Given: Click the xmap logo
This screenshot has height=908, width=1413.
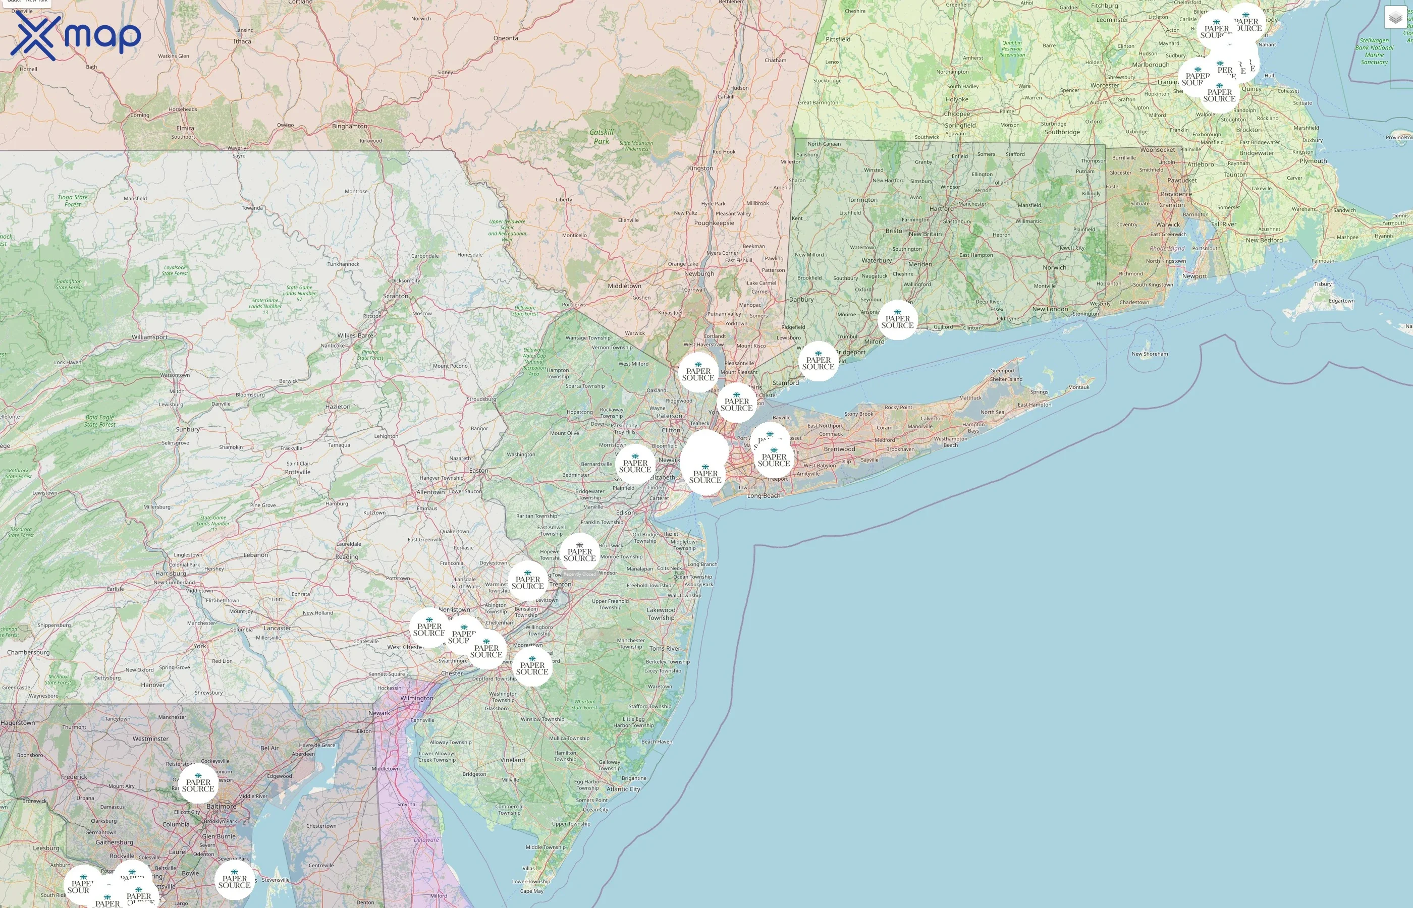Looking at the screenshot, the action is click(x=76, y=36).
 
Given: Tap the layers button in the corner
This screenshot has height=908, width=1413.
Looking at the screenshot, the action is click(x=1395, y=18).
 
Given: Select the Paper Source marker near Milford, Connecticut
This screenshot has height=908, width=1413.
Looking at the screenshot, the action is click(x=898, y=321).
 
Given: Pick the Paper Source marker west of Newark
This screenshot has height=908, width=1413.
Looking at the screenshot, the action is click(x=635, y=465).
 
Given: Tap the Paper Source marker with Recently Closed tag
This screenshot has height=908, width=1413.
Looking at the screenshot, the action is click(x=580, y=553).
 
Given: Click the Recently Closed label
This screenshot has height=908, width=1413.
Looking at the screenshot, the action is click(x=580, y=574).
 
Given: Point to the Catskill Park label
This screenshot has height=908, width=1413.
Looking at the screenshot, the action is click(x=602, y=137).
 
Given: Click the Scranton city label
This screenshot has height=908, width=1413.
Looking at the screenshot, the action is click(x=395, y=296).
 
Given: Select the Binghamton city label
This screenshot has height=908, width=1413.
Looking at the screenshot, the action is click(x=349, y=126).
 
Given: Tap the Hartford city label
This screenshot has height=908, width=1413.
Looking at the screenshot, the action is click(x=941, y=209).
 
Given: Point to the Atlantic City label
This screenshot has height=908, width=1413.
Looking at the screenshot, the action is click(x=623, y=789).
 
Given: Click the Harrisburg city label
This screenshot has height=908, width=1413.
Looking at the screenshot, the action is click(x=171, y=573).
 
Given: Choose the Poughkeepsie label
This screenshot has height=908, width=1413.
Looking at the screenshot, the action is click(x=714, y=223).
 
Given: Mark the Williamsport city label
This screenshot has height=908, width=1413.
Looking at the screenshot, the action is click(x=149, y=337).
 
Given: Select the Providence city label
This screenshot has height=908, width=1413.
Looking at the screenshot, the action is click(x=1176, y=194).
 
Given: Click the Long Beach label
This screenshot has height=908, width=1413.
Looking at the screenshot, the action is click(x=763, y=496).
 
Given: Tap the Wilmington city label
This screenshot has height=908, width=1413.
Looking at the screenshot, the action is click(x=416, y=698).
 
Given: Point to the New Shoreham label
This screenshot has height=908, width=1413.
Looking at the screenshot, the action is click(x=1150, y=354).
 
